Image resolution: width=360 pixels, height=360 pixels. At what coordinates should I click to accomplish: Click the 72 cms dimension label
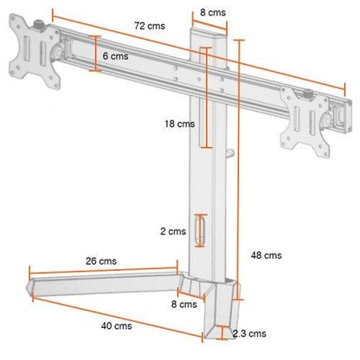tap(150, 26)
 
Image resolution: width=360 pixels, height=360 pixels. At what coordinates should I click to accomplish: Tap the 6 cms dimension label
tap(115, 56)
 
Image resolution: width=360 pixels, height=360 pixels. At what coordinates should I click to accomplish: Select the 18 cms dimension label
tap(180, 124)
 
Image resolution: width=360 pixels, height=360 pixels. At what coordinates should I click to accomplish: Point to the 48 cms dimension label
tap(266, 255)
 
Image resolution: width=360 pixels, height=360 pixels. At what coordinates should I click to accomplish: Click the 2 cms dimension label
tap(173, 231)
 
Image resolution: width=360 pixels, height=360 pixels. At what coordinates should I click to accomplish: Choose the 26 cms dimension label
tap(101, 261)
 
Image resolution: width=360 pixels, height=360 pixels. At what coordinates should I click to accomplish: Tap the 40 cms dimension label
tap(116, 326)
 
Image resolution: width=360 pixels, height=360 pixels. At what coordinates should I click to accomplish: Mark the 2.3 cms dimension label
tap(249, 334)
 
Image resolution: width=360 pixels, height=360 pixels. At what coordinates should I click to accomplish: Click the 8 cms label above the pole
tap(213, 12)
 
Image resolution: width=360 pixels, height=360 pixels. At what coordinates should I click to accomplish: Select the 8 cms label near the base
tap(184, 305)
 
